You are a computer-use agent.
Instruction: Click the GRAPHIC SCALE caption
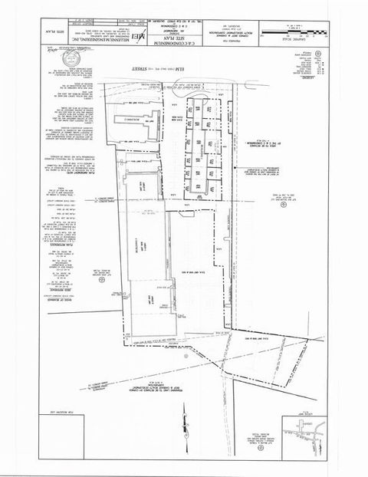coord(299,41)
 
